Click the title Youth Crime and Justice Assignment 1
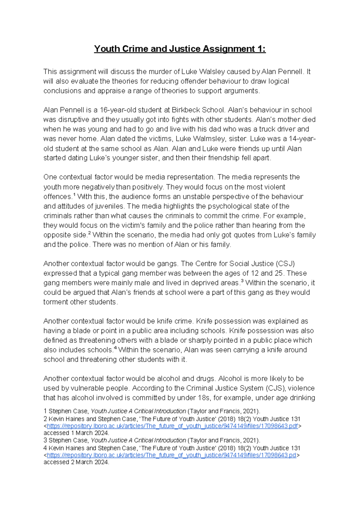point(180,49)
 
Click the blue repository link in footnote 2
point(172,426)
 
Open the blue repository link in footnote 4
point(172,455)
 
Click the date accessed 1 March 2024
point(76,433)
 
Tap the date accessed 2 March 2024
point(76,462)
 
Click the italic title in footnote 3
point(138,440)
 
